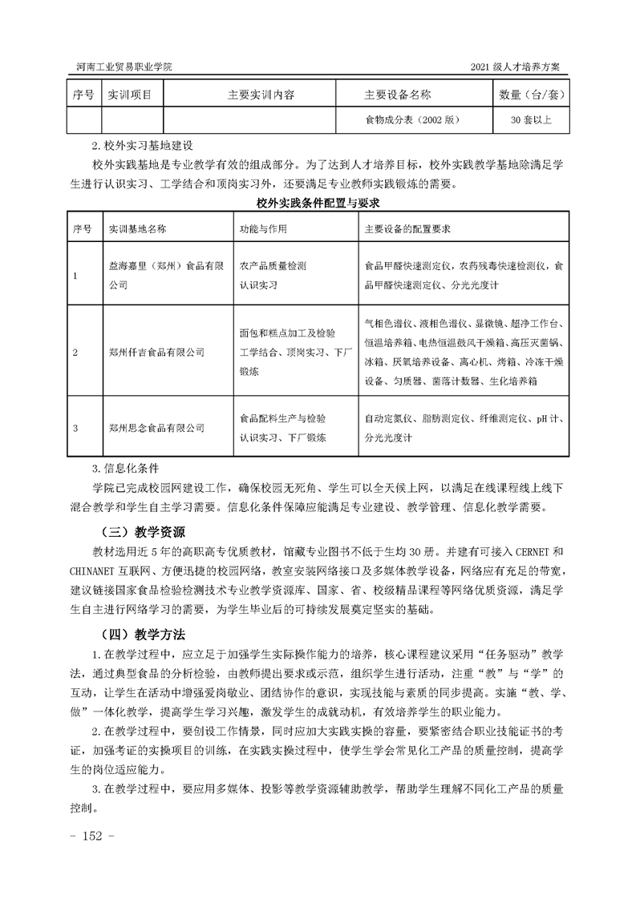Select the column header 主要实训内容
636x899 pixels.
[x=261, y=95]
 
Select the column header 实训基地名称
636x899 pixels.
[x=138, y=228]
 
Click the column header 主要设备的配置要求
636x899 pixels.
[x=407, y=228]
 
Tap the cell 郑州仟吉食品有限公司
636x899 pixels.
[x=156, y=352]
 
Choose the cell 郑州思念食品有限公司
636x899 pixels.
[x=156, y=428]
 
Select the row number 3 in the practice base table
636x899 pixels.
[x=75, y=428]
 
